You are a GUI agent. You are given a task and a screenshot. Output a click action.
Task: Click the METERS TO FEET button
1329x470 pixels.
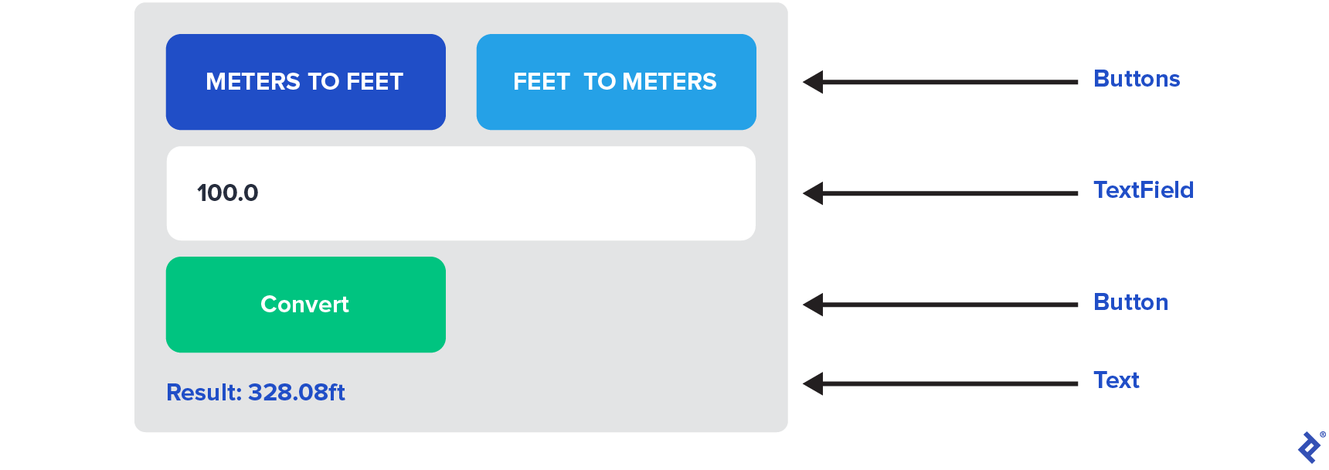[x=305, y=82]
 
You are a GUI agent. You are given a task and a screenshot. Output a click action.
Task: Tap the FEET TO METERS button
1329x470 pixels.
[x=616, y=82]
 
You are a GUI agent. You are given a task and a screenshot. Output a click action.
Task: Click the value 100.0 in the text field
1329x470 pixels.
[x=228, y=192]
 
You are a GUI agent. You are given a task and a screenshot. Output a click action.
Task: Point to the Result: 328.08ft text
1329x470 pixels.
[x=256, y=393]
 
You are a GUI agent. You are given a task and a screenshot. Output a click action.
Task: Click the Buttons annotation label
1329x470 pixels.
[x=1137, y=79]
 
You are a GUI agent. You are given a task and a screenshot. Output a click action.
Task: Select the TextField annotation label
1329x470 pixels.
[x=1144, y=190]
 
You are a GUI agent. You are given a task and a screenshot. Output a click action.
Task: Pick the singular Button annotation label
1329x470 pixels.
[x=1130, y=302]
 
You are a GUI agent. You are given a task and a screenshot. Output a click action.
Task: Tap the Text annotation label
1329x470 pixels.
[x=1117, y=380]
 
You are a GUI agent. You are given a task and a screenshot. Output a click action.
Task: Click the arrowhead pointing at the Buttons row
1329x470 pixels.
[x=814, y=82]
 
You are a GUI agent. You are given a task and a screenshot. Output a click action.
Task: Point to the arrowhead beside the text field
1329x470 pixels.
[x=814, y=193]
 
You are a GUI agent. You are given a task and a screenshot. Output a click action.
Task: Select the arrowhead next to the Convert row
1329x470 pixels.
[x=814, y=305]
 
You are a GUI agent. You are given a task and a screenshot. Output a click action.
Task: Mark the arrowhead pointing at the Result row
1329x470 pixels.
[x=814, y=383]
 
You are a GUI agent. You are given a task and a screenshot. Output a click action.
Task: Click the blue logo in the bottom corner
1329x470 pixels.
[x=1310, y=448]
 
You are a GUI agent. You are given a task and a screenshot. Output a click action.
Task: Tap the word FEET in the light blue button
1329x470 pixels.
[x=541, y=82]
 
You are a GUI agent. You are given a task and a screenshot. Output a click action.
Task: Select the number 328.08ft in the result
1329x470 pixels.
[x=297, y=393]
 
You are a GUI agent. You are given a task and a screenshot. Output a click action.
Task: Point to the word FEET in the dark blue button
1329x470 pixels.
[x=375, y=82]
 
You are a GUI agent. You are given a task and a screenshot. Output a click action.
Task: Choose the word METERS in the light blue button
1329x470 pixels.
[x=669, y=82]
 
